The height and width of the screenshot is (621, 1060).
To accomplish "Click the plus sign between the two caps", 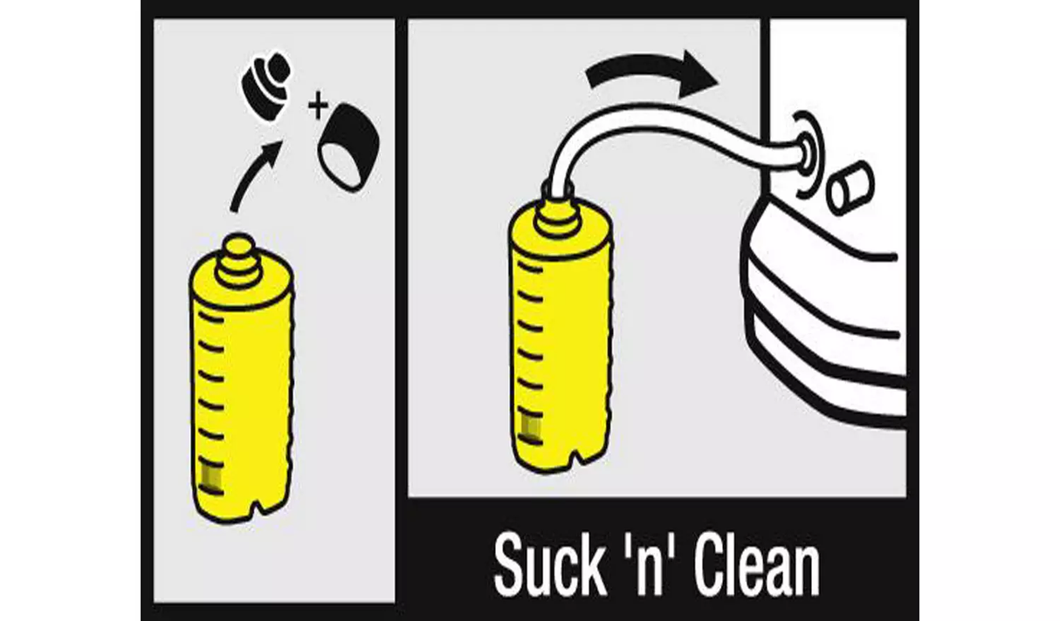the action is [318, 106].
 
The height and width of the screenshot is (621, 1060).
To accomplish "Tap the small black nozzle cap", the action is [267, 85].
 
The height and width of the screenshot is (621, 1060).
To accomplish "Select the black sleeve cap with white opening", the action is [349, 147].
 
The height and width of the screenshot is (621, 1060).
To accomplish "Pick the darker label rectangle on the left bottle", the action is [211, 478].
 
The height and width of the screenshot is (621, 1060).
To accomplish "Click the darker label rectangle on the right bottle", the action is [529, 427].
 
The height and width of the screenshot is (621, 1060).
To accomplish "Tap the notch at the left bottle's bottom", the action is [258, 508].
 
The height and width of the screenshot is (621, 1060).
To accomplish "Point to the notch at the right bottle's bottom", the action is [578, 457].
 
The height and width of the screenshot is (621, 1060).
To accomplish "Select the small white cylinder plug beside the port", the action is [850, 188].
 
